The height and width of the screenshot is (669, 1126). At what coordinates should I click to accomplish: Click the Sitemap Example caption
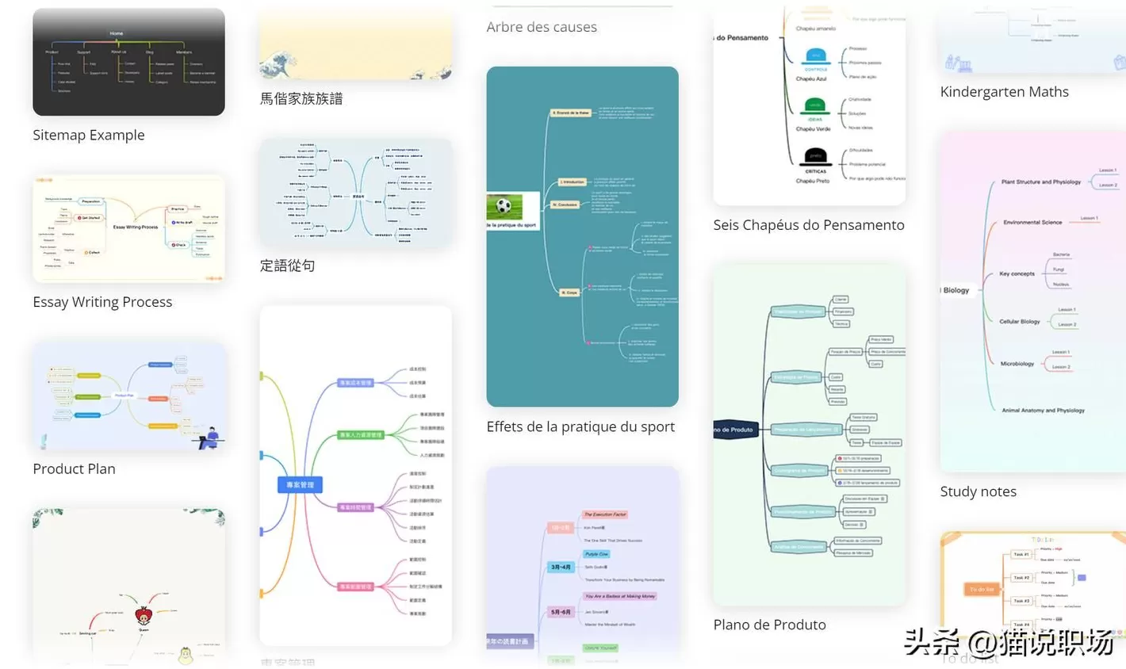89,135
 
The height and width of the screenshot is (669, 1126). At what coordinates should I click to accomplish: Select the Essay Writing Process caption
102,302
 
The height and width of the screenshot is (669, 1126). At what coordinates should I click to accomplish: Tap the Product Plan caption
74,468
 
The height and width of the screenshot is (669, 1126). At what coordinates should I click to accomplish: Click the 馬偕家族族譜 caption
301,99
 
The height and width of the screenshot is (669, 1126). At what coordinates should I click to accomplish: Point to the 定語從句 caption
287,266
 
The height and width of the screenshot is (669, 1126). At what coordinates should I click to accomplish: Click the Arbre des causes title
542,27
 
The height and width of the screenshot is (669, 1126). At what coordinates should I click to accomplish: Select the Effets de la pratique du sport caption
580,426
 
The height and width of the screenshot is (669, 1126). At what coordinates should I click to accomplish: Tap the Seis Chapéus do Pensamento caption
808,225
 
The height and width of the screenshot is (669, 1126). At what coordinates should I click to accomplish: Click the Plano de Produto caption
769,625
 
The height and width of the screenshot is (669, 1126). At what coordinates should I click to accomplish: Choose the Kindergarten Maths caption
1004,92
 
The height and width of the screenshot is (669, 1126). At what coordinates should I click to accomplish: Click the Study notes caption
978,491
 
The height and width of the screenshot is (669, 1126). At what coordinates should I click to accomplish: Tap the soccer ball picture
504,207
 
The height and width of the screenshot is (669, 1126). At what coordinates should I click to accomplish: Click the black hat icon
815,156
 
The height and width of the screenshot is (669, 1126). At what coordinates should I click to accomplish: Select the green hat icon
814,105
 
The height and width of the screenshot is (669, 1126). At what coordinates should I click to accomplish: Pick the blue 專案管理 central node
300,484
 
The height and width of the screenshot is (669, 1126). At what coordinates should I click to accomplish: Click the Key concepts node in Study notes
1017,273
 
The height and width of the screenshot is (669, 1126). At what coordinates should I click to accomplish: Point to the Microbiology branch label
1017,364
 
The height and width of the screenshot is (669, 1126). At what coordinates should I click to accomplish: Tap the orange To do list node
982,589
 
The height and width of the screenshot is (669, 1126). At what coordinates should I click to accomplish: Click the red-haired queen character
144,615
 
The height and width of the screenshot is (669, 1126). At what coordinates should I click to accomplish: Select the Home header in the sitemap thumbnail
117,33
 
